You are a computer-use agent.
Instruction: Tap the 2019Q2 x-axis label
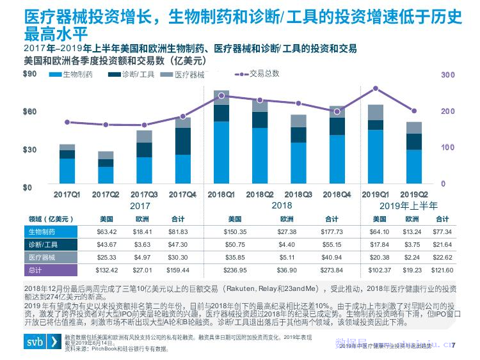(413, 194)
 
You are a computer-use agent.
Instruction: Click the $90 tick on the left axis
(29, 75)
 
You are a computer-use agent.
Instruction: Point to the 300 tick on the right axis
(448, 75)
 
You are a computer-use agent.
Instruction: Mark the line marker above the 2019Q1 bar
(376, 88)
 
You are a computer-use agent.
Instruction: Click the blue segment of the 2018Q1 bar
(221, 153)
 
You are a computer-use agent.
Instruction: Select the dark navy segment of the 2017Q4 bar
(182, 141)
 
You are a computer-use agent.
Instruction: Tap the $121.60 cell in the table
(442, 271)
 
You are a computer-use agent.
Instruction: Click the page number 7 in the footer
(453, 346)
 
